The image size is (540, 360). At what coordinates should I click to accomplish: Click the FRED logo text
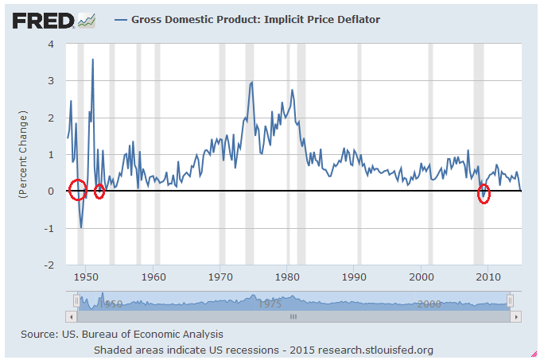pyautogui.click(x=42, y=19)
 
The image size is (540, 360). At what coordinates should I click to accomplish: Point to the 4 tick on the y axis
pyautogui.click(x=51, y=44)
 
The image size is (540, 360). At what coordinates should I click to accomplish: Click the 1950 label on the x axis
pyautogui.click(x=86, y=277)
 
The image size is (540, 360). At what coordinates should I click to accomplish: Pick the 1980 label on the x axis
pyautogui.click(x=288, y=277)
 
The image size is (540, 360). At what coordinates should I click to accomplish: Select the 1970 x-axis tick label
pyautogui.click(x=220, y=277)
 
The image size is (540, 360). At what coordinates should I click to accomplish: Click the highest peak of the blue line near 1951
pyautogui.click(x=93, y=60)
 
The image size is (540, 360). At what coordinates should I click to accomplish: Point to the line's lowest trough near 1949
pyautogui.click(x=81, y=227)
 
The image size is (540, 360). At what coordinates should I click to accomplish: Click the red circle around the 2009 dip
pyautogui.click(x=484, y=195)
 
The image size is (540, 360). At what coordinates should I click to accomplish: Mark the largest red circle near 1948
pyautogui.click(x=77, y=190)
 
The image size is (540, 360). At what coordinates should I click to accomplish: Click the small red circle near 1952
pyautogui.click(x=99, y=191)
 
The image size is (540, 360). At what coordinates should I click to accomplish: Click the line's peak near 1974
pyautogui.click(x=252, y=82)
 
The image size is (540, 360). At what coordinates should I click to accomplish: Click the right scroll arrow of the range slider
pyautogui.click(x=517, y=316)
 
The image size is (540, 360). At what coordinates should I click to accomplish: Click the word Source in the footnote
pyautogui.click(x=37, y=335)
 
